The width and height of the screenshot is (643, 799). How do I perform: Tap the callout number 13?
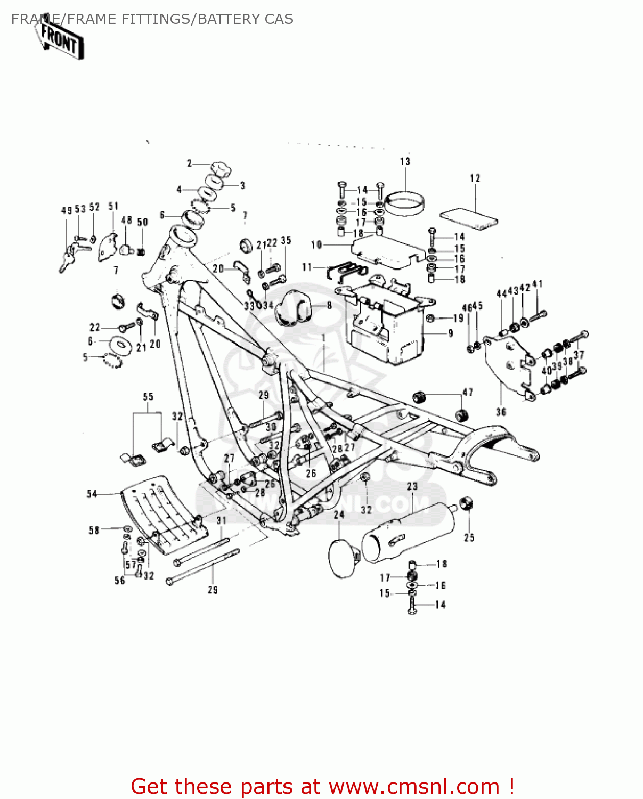coord(405,161)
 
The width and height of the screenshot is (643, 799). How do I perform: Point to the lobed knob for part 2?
coord(221,169)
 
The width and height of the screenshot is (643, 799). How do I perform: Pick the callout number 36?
coord(501,412)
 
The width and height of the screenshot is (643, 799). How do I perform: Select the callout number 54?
coord(92,494)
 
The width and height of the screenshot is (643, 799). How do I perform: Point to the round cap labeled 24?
coord(342,558)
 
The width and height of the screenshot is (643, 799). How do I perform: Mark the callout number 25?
coord(469,537)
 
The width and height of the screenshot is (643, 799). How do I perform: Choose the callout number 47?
coord(467,393)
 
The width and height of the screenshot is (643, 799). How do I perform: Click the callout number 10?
coord(316,245)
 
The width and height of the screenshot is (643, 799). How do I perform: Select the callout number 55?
coord(148,397)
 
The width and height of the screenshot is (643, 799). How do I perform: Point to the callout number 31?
coord(221,520)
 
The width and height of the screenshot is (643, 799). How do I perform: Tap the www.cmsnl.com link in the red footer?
coord(414,786)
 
